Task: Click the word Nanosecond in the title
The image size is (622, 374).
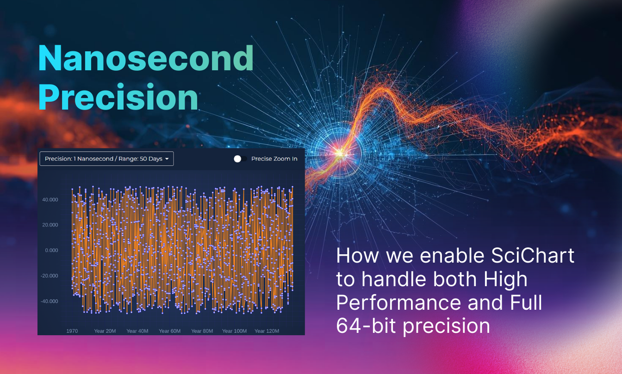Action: pos(146,58)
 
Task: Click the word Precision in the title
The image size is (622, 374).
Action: pos(118,98)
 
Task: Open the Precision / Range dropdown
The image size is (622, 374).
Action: pos(106,159)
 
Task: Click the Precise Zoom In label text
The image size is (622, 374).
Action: pos(274,159)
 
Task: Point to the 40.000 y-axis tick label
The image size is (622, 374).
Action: pos(50,200)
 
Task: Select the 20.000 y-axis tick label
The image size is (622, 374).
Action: pos(50,225)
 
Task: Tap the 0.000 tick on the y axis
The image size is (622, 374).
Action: pos(52,251)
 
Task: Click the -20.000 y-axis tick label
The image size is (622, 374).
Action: pos(50,276)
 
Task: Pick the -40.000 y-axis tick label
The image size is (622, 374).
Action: pos(50,301)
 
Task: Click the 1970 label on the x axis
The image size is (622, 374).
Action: pos(72,331)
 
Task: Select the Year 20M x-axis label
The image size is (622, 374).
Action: pos(105,331)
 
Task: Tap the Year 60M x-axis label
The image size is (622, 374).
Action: pos(170,331)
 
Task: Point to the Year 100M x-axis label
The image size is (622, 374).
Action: pos(234,331)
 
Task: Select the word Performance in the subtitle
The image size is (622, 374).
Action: pos(398,302)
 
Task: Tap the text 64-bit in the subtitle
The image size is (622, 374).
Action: pos(366,325)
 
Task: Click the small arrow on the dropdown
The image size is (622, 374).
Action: pos(167,159)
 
